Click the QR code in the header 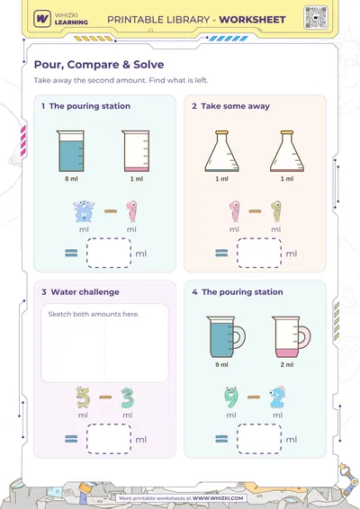316,17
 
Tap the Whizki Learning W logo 42,19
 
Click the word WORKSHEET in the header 252,20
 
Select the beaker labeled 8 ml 70,151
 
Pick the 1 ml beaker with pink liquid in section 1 136,151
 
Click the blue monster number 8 84,211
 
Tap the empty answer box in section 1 109,253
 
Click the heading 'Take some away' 235,106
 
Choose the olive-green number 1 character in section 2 275,211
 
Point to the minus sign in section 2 255,211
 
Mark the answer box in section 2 259,253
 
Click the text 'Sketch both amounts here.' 94,314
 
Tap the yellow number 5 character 83,397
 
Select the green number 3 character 127,397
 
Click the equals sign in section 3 71,439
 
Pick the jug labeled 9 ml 226,337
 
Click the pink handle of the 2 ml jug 305,337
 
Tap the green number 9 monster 231,397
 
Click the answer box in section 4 259,439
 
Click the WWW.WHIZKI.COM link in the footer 218,498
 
